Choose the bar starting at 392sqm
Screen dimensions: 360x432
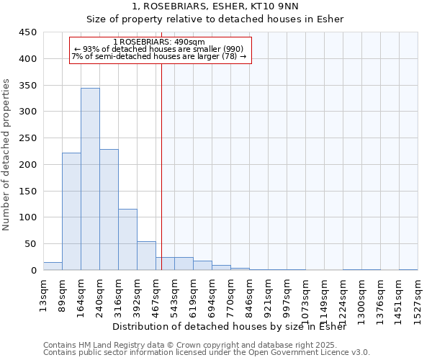146,256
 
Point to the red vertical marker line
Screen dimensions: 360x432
161,166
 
